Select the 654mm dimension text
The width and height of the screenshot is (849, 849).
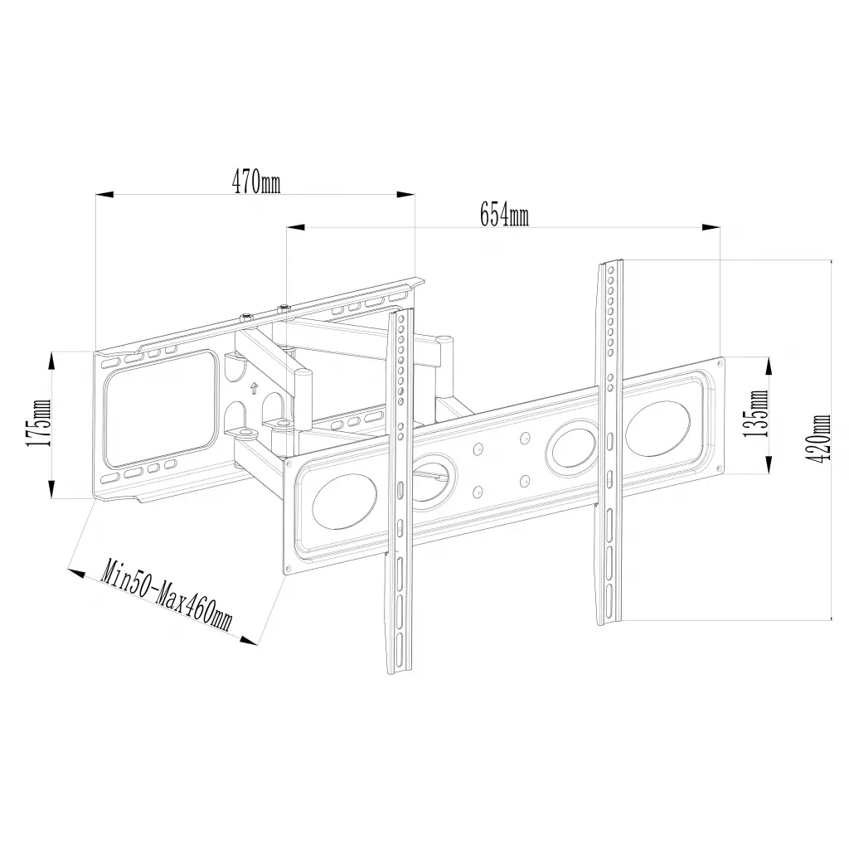(503, 216)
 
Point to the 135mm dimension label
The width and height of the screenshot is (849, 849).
(757, 415)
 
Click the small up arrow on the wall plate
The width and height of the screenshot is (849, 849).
(254, 386)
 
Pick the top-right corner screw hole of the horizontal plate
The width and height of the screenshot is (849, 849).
(720, 361)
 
